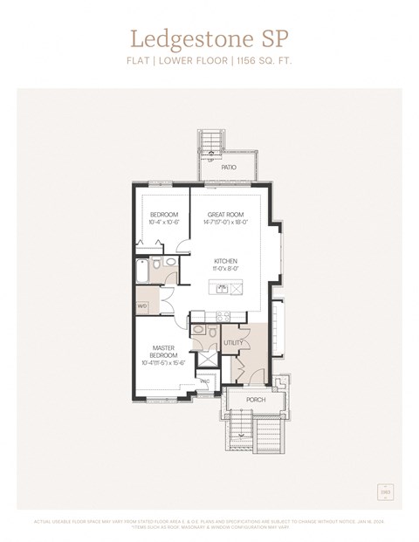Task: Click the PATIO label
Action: coord(229,167)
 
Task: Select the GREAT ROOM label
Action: coord(225,214)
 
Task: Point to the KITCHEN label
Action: coord(225,261)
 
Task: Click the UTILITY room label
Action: coord(233,343)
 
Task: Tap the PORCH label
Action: coord(256,400)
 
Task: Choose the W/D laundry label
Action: coord(142,306)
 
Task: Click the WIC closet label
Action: coord(204,381)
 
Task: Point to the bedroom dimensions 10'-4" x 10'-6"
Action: coord(163,223)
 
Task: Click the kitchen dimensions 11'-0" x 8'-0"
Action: coord(225,269)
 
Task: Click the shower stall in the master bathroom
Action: coord(209,358)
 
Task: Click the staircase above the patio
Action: coord(209,140)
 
